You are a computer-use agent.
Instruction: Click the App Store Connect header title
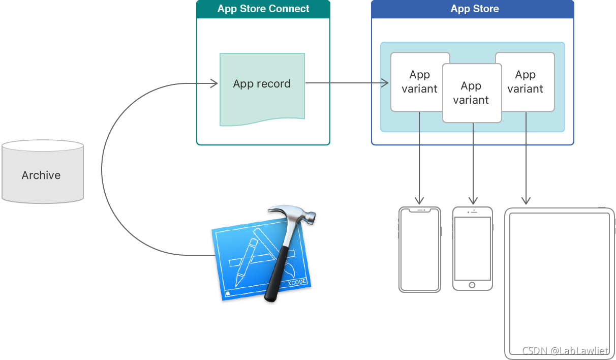[263, 9]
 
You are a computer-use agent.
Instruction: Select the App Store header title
[475, 9]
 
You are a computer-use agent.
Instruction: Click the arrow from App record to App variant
[346, 83]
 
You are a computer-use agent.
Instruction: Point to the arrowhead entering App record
[215, 83]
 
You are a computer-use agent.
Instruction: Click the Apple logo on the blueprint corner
[227, 293]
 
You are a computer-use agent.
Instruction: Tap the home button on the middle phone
[472, 285]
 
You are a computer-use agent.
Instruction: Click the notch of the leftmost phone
[420, 209]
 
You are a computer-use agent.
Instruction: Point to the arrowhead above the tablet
[526, 200]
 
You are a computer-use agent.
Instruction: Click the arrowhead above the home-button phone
[473, 200]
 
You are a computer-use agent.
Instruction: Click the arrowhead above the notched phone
[419, 200]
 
